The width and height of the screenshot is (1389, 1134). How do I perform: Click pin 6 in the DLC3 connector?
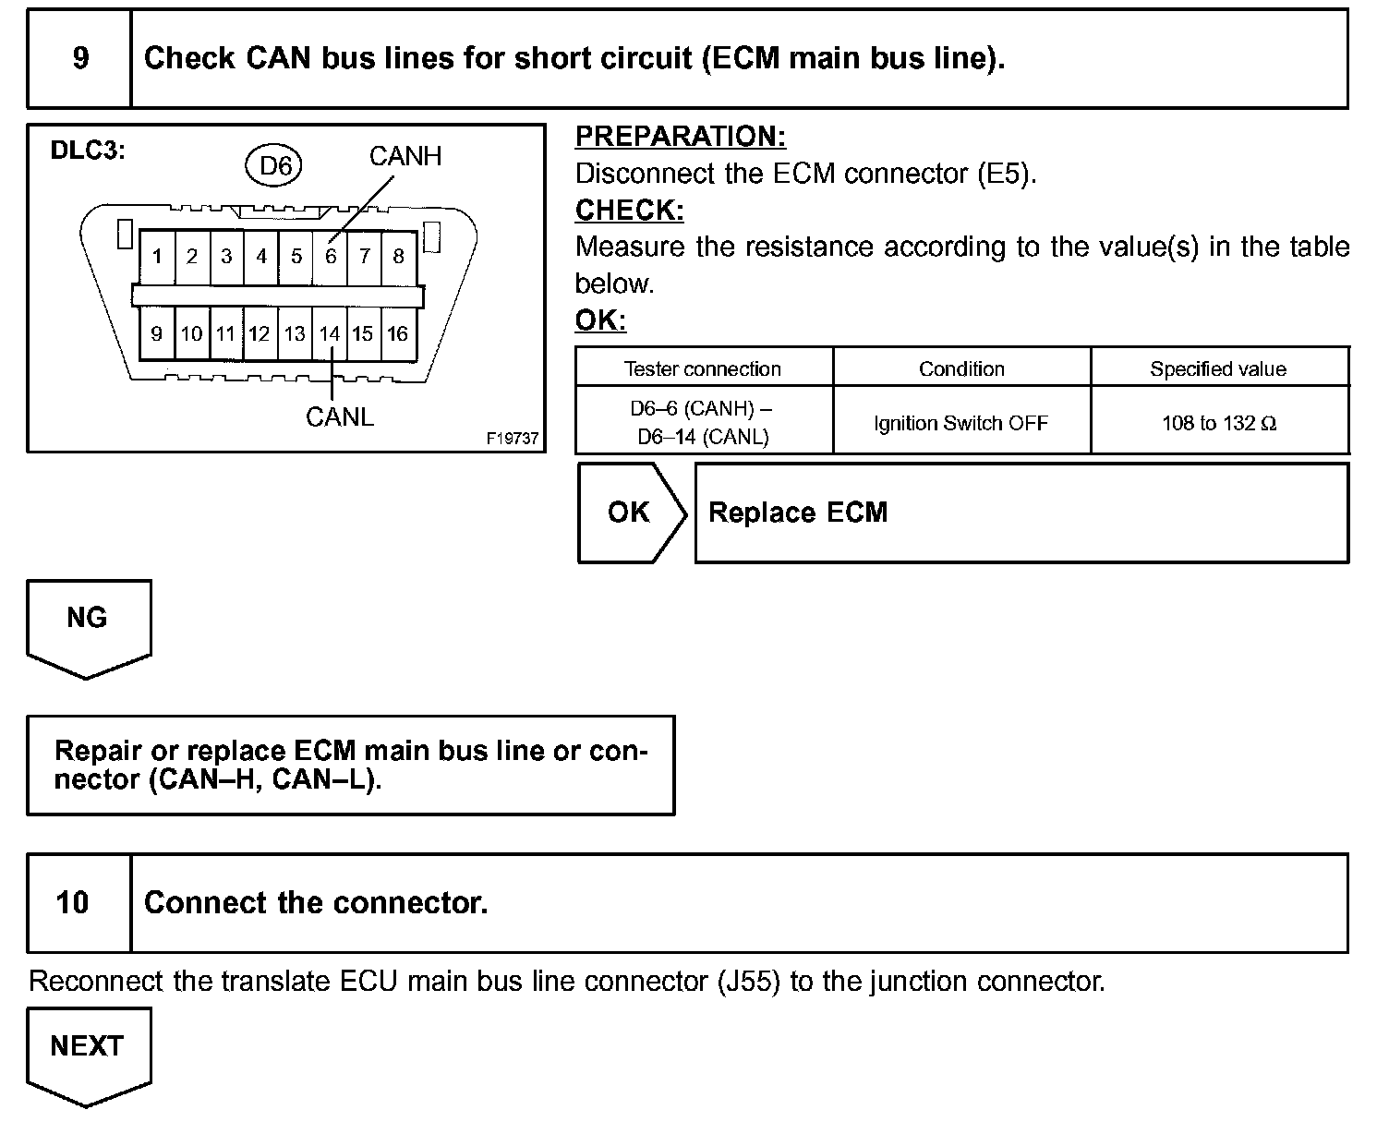pyautogui.click(x=331, y=256)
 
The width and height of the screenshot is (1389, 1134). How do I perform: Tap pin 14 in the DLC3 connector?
pyautogui.click(x=330, y=333)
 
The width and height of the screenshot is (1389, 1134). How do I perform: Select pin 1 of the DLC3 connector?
pyautogui.click(x=158, y=256)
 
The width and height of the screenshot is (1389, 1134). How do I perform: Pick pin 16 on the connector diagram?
pyautogui.click(x=397, y=333)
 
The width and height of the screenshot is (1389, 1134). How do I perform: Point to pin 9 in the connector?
pyautogui.click(x=156, y=333)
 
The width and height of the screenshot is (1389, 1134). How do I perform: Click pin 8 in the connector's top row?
pyautogui.click(x=399, y=256)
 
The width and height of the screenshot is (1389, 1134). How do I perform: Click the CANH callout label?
pyautogui.click(x=405, y=156)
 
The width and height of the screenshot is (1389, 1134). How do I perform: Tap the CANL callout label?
pyautogui.click(x=340, y=417)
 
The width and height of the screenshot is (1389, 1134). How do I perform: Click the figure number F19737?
pyautogui.click(x=513, y=439)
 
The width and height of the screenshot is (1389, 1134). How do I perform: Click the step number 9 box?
pyautogui.click(x=80, y=58)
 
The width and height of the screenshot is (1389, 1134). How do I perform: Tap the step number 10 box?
pyautogui.click(x=73, y=902)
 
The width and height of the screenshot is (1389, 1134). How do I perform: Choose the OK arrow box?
pyautogui.click(x=631, y=513)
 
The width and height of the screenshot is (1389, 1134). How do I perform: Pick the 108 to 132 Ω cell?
pyautogui.click(x=1219, y=423)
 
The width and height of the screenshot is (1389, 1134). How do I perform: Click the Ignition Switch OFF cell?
pyautogui.click(x=961, y=423)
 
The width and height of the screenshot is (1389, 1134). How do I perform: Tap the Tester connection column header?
pyautogui.click(x=703, y=368)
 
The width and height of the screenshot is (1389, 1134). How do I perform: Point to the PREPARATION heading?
pyautogui.click(x=681, y=137)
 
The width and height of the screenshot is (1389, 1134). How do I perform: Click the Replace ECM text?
pyautogui.click(x=798, y=513)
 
